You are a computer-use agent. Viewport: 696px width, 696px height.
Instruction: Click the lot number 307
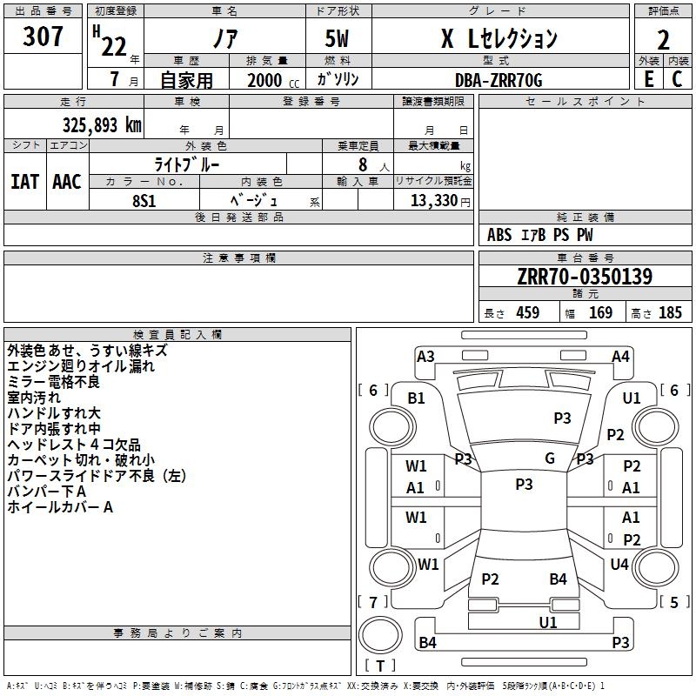point(43,37)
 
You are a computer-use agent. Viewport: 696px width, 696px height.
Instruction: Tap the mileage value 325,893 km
point(102,125)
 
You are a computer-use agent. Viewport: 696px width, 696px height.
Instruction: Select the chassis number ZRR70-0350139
point(585,277)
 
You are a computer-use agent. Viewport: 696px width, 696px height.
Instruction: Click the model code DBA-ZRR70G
point(499,80)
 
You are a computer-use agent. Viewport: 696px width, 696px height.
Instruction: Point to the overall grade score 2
point(663,40)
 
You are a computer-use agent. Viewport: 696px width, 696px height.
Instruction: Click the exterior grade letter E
point(649,79)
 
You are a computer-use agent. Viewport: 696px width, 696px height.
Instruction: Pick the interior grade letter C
point(677,79)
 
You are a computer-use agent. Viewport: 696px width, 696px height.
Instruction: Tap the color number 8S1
point(144,201)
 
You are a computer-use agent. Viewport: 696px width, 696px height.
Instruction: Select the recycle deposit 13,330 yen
point(440,201)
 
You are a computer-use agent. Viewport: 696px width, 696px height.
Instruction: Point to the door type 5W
point(337,38)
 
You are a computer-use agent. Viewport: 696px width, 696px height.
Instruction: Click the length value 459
point(528,312)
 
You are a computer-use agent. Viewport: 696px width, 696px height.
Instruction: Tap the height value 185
point(670,312)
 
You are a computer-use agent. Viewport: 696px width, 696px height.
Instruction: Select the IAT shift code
point(24,182)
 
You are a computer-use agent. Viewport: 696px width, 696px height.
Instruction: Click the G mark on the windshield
point(550,458)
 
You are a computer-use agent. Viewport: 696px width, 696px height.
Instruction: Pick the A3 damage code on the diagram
point(425,357)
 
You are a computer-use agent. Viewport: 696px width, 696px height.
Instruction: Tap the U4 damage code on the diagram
point(619,564)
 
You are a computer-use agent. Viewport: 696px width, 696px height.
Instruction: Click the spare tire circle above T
point(380,635)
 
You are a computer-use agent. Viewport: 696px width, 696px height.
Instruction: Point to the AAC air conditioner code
point(67,182)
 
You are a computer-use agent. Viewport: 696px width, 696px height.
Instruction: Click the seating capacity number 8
point(363,164)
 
